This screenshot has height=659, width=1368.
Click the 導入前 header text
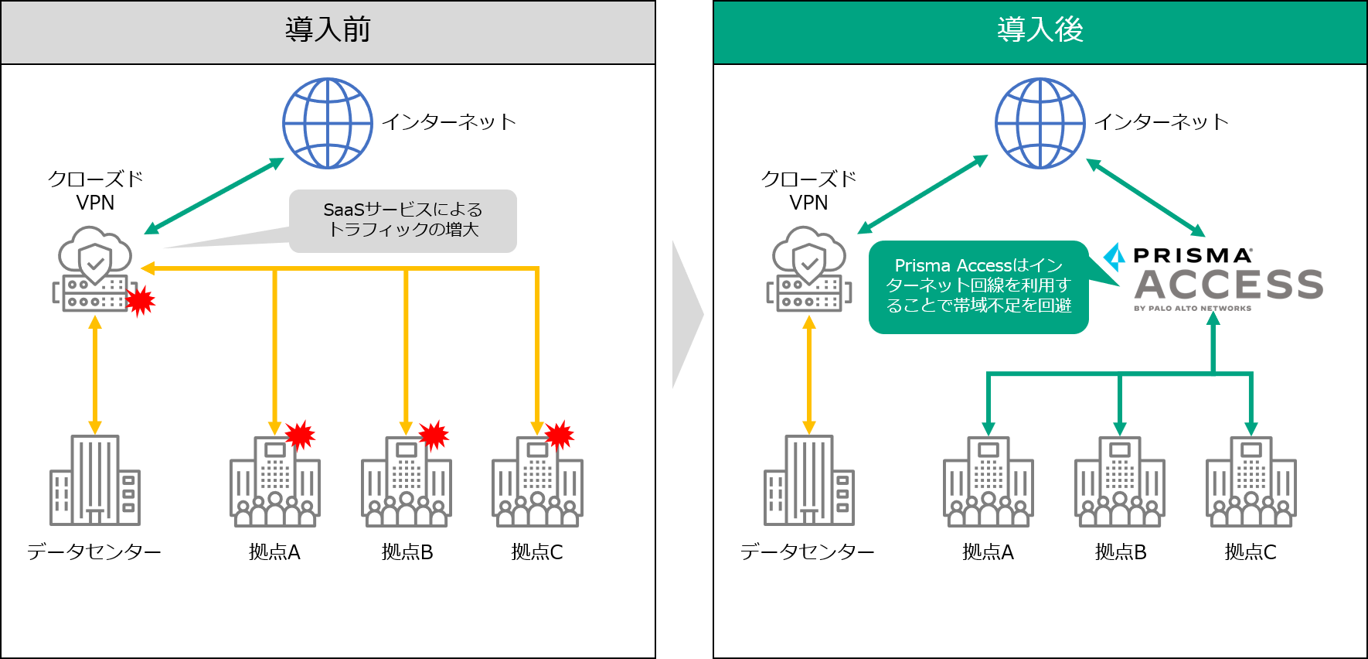328,30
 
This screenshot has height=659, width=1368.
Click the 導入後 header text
1040,30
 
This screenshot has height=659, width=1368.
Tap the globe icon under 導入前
328,123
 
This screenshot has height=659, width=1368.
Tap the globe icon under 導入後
1040,123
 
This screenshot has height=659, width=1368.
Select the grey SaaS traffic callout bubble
403,220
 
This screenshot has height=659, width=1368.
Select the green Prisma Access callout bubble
978,287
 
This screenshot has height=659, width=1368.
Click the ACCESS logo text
1228,285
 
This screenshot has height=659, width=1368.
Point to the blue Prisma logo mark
1114,257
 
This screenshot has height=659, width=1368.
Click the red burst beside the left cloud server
141,301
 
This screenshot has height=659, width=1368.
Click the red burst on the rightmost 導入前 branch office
560,435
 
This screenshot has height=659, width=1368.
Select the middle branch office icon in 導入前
407,483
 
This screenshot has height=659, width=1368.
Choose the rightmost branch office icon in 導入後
1251,483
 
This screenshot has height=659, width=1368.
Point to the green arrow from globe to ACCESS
1145,197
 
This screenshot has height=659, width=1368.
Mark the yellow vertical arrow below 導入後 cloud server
808,375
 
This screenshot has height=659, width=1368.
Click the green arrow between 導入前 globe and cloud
214,196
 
